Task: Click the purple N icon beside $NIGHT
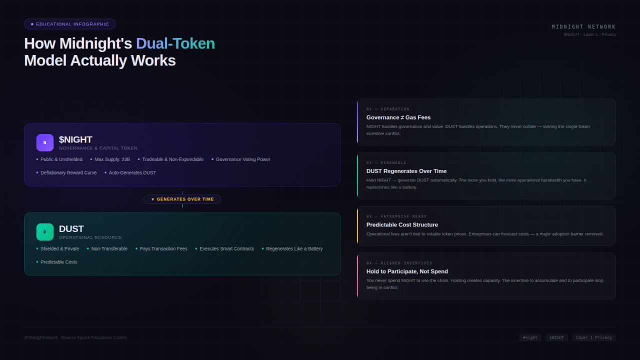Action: [44, 142]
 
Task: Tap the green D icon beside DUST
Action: [44, 232]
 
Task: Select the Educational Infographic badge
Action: [70, 24]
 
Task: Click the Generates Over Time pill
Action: [182, 199]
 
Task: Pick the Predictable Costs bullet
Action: [58, 262]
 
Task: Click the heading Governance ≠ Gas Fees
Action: [398, 117]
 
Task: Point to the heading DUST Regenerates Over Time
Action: [406, 171]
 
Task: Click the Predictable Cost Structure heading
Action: [402, 224]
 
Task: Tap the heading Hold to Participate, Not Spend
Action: [407, 271]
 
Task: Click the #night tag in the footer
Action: [530, 337]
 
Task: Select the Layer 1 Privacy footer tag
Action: [593, 337]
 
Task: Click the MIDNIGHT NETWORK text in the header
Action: [583, 27]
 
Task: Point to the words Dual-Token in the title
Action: [175, 43]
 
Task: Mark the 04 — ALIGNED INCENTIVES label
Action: [399, 263]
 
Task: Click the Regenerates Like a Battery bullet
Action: [294, 249]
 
